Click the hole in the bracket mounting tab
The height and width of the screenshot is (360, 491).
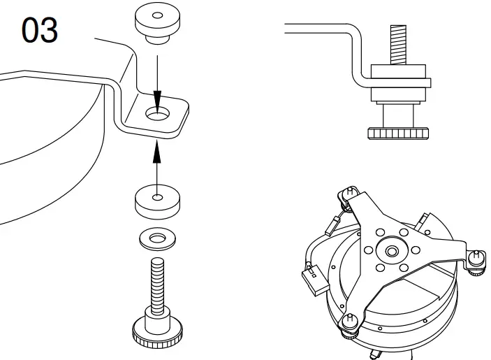pyautogui.click(x=158, y=113)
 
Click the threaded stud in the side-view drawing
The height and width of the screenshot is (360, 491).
pyautogui.click(x=397, y=43)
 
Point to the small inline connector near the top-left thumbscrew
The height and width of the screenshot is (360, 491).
pyautogui.click(x=334, y=224)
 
